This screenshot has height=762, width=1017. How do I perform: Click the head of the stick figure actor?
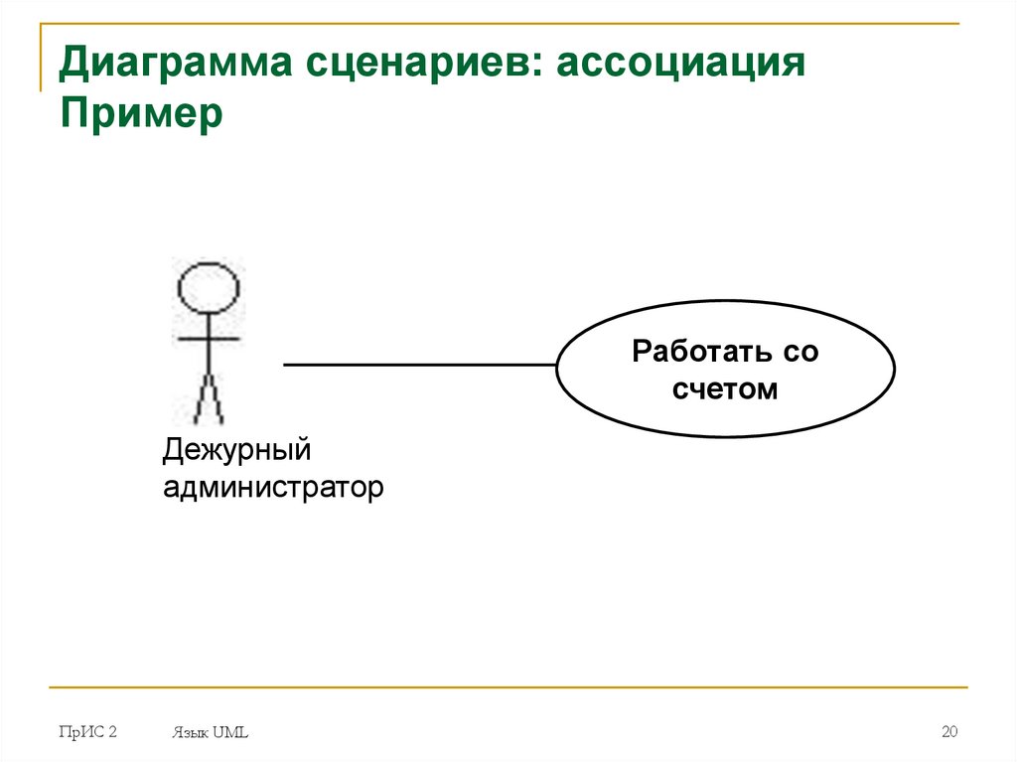coord(209,288)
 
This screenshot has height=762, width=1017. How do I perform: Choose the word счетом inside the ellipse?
coord(725,388)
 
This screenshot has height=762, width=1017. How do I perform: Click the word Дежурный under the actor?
coord(238,451)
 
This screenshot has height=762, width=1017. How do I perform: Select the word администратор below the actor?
coord(273,488)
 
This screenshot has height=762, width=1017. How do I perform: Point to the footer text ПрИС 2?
coord(87,732)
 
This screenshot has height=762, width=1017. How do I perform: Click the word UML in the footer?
coord(230,733)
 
